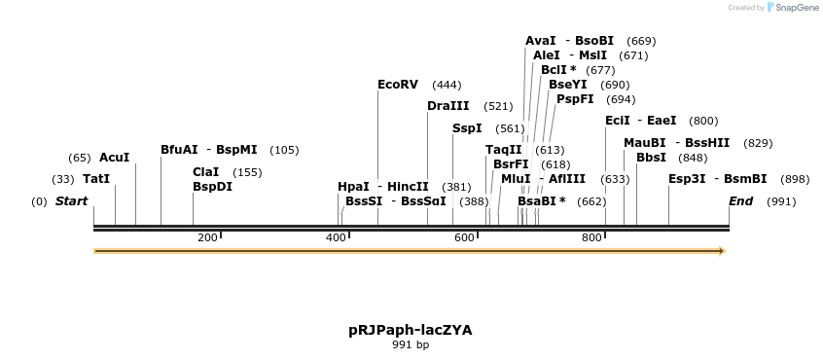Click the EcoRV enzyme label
[397, 85]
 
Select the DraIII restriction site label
[447, 106]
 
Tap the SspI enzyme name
[467, 128]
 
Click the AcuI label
[114, 158]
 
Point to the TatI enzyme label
[96, 179]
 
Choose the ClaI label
[205, 172]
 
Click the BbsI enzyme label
[651, 158]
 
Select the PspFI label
[574, 99]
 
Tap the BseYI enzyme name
[567, 85]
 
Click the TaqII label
[503, 150]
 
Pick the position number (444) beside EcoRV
[447, 85]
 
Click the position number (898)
[795, 179]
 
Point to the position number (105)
[284, 150]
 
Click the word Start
[71, 201]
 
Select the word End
[740, 201]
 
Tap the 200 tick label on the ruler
[206, 237]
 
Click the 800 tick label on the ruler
[590, 237]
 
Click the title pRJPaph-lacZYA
[411, 330]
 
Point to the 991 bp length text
[411, 344]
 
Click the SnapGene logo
[793, 8]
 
